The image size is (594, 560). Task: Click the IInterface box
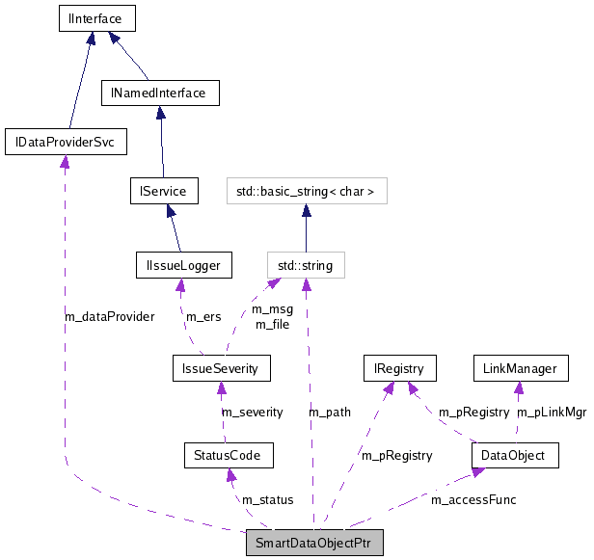point(95,17)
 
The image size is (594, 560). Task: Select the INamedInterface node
point(160,93)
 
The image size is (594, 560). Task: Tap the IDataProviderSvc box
point(66,143)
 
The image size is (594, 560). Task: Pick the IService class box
point(164,190)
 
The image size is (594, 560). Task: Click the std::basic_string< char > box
point(306,191)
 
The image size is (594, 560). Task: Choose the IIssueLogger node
point(184,264)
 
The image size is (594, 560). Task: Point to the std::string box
point(305,264)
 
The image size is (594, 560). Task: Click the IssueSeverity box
point(221,367)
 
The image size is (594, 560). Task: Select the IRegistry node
point(399,367)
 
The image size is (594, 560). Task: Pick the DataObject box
point(515,454)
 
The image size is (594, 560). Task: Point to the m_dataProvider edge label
point(109,316)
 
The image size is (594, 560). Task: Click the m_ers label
point(204,316)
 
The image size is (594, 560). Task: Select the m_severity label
point(253,412)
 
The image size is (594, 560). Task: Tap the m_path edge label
point(330,412)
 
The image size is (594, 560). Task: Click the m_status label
point(267,499)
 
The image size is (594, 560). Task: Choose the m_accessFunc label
point(473,499)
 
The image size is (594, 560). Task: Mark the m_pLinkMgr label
point(552,412)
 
